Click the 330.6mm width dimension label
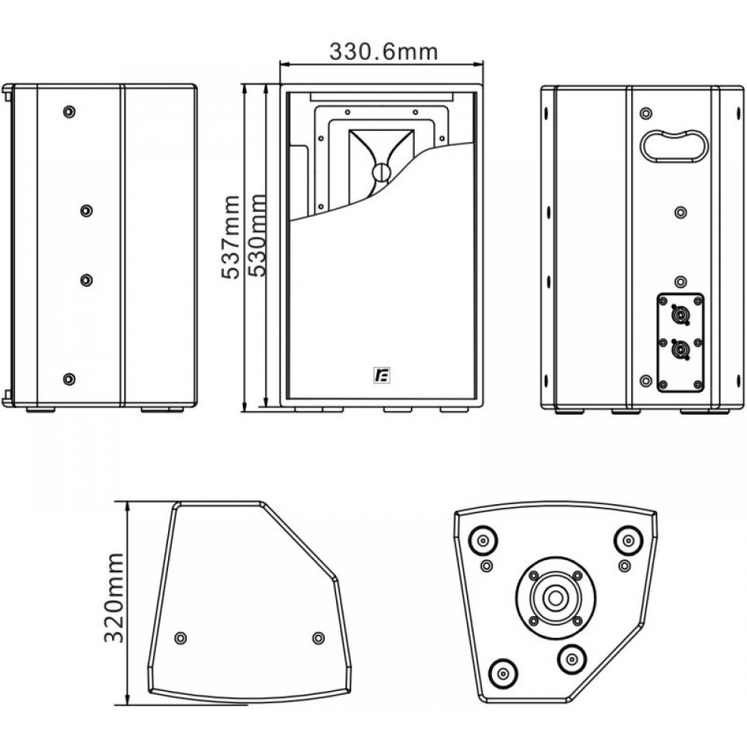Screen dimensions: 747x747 (x=383, y=52)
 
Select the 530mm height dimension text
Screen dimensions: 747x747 (x=258, y=235)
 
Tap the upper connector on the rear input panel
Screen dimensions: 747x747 (x=678, y=315)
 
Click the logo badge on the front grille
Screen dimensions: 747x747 (x=382, y=376)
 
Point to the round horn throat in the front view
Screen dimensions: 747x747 (x=381, y=172)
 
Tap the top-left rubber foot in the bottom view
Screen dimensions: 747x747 (x=483, y=541)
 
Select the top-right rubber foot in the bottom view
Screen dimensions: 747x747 (x=629, y=541)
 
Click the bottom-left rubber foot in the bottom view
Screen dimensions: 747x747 (x=503, y=673)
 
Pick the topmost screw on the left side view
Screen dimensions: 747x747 (x=69, y=111)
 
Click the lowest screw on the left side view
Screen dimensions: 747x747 (x=69, y=379)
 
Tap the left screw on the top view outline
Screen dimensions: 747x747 (x=180, y=637)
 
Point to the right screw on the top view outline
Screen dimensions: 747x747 (x=318, y=637)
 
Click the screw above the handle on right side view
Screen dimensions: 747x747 (x=645, y=114)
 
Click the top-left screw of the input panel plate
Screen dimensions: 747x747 (x=662, y=300)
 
